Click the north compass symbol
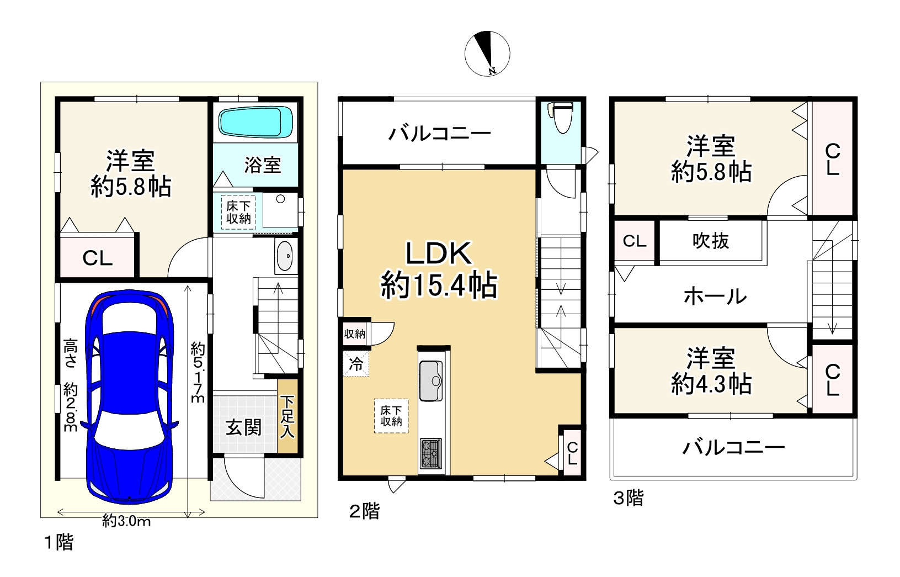[487, 54]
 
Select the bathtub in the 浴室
[255, 122]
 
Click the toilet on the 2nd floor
[562, 118]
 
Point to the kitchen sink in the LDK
[431, 381]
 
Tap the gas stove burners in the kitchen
[431, 453]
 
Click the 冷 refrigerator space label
[355, 364]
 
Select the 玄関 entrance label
[243, 427]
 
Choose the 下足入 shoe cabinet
[287, 416]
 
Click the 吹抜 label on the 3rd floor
[710, 241]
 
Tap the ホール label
[715, 297]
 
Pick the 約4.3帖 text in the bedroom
[711, 384]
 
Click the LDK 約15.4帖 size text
[439, 285]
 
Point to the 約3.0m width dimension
[126, 521]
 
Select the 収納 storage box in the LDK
[355, 334]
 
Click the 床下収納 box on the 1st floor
[239, 213]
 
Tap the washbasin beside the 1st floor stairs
[285, 256]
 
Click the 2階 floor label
[364, 511]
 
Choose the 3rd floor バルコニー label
[734, 448]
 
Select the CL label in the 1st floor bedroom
[97, 258]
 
